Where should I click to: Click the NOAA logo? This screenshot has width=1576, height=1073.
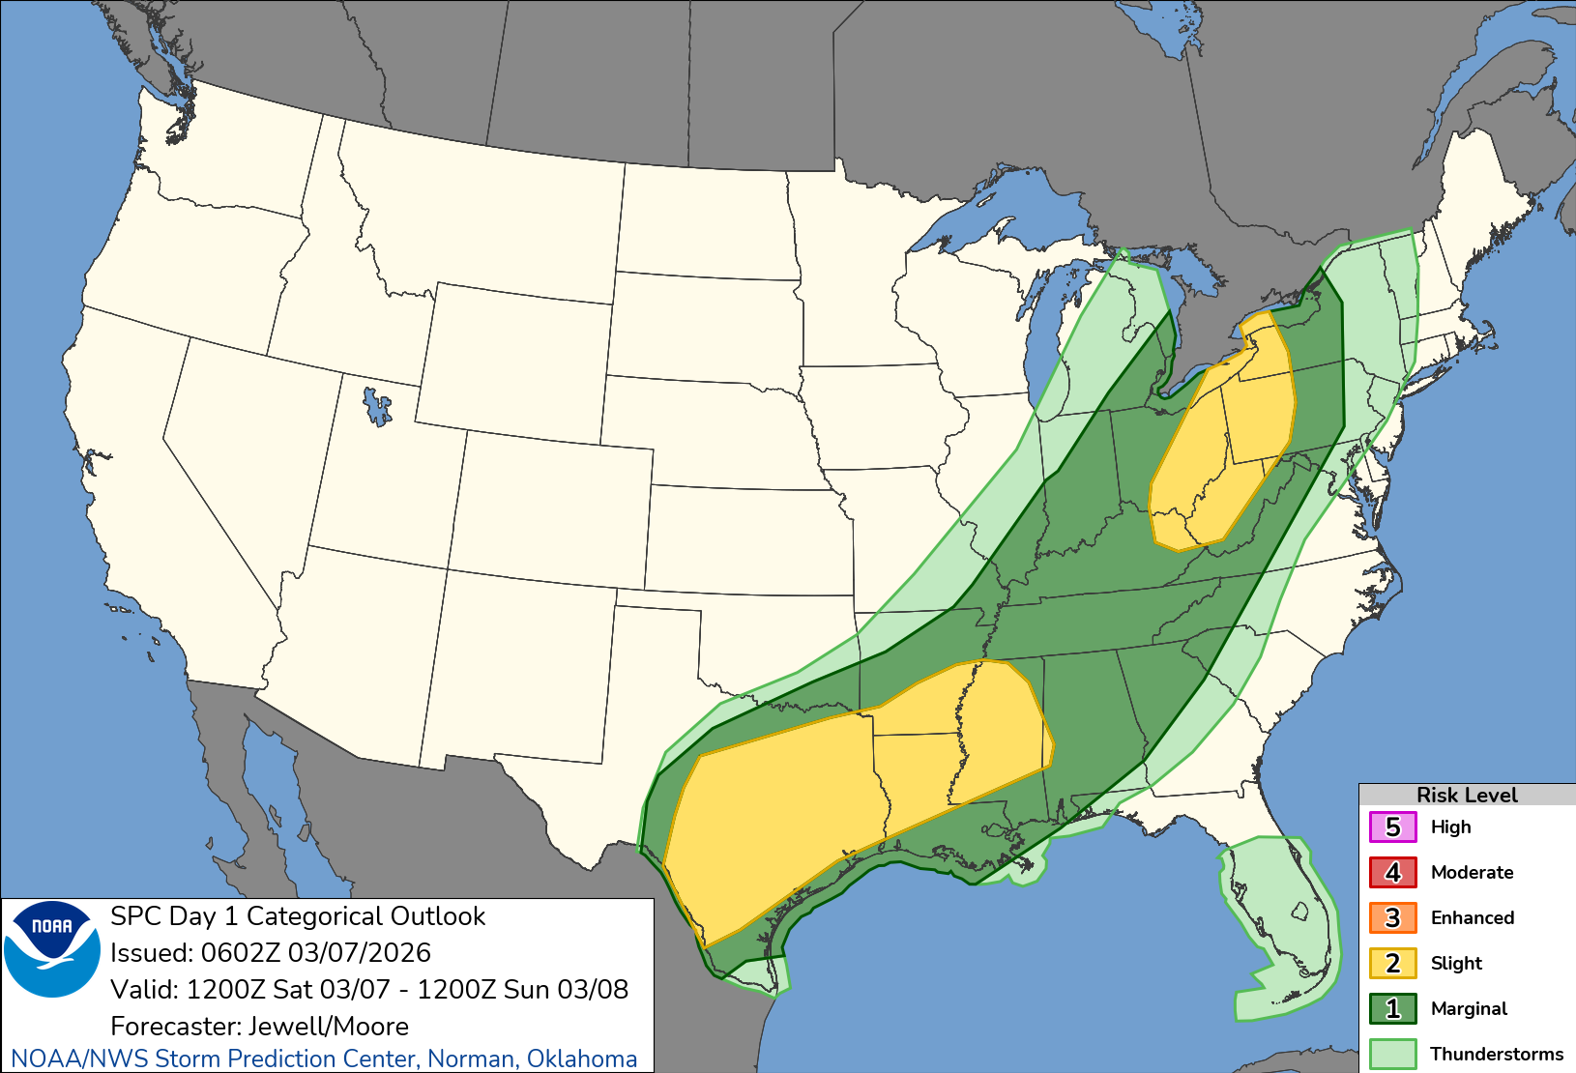tap(52, 949)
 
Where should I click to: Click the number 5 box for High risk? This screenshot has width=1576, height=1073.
tap(1392, 827)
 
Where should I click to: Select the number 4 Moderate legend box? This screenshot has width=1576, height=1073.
tap(1392, 873)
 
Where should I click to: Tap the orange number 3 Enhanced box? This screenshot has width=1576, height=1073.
tap(1392, 918)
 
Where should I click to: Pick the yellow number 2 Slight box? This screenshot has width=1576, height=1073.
tap(1392, 964)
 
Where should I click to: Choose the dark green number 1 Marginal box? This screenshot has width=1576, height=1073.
tap(1392, 1009)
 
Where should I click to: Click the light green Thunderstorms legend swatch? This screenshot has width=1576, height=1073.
tap(1392, 1054)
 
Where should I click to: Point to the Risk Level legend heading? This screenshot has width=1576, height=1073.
tap(1466, 795)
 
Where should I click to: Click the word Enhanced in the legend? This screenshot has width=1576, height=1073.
tap(1472, 918)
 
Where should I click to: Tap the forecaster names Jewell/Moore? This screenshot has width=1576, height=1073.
tap(329, 1027)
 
